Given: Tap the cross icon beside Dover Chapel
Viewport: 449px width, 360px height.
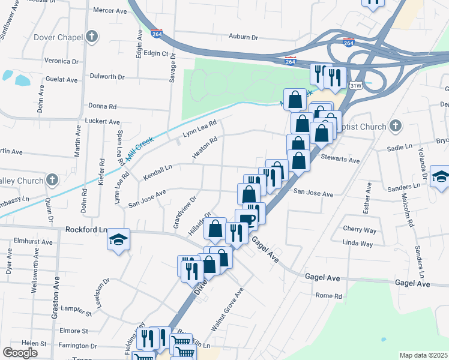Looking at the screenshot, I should [x=92, y=37].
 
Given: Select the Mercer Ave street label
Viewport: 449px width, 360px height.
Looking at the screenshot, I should [x=110, y=10].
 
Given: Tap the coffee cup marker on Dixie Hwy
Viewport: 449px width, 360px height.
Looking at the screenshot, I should [x=246, y=218].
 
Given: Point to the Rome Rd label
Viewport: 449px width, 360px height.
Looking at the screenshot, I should [x=328, y=296].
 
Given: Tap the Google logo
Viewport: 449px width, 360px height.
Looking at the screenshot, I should [x=20, y=353].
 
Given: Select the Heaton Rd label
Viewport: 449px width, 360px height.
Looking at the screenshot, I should [x=204, y=148].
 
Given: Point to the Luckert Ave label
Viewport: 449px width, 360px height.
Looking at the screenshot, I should [x=103, y=121].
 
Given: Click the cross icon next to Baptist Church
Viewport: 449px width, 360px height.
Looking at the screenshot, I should [x=394, y=126].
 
